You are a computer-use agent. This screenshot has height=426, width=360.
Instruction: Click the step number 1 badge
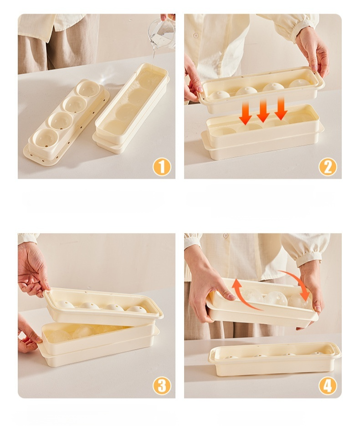point(162,167)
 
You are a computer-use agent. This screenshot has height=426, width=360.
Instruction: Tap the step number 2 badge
point(328,167)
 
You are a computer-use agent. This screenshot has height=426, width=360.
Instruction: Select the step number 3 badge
point(162,386)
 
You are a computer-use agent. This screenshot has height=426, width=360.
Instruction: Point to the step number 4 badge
point(328,386)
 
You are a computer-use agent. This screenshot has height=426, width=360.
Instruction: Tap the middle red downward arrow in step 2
point(263,110)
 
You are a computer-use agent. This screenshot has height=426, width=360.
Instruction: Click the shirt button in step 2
point(196,36)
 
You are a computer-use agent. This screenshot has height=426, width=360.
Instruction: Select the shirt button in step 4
point(225,235)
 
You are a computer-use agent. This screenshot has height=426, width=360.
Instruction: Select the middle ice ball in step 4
point(275,299)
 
